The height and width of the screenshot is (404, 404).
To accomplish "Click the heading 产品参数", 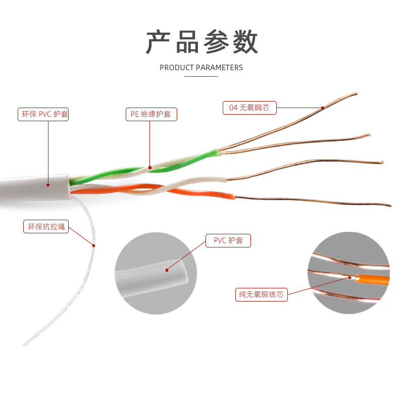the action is pyautogui.click(x=202, y=41).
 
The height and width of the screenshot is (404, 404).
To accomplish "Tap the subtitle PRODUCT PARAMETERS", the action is pyautogui.click(x=201, y=67).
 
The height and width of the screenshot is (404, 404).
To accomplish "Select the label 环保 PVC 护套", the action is pyautogui.click(x=43, y=114).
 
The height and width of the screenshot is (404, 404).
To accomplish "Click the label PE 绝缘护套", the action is pyautogui.click(x=151, y=114).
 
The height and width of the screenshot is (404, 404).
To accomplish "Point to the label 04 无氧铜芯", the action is pyautogui.click(x=249, y=108).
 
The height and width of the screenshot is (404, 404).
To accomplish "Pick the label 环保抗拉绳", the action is pyautogui.click(x=45, y=226).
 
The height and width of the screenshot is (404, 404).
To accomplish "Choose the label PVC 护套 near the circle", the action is pyautogui.click(x=228, y=240).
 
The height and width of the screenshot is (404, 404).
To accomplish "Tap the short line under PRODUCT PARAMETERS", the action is pyautogui.click(x=201, y=77).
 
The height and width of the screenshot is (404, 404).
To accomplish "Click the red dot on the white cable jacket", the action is pyautogui.click(x=48, y=184).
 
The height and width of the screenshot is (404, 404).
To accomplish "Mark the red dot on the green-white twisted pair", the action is pyautogui.click(x=149, y=167).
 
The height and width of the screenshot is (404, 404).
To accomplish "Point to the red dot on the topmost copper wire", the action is pyautogui.click(x=323, y=107).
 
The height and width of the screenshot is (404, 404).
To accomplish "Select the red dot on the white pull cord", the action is pyautogui.click(x=94, y=245).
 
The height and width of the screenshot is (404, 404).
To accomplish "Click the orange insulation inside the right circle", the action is pyautogui.click(x=374, y=279).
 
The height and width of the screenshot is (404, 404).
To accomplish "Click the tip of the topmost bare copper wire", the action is pyautogui.click(x=356, y=93).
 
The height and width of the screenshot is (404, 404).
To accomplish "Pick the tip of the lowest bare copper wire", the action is pyautogui.click(x=390, y=206).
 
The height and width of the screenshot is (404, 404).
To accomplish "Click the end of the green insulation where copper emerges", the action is pyautogui.click(x=218, y=150).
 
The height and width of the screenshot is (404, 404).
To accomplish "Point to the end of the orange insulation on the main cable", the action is pyautogui.click(x=233, y=196).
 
